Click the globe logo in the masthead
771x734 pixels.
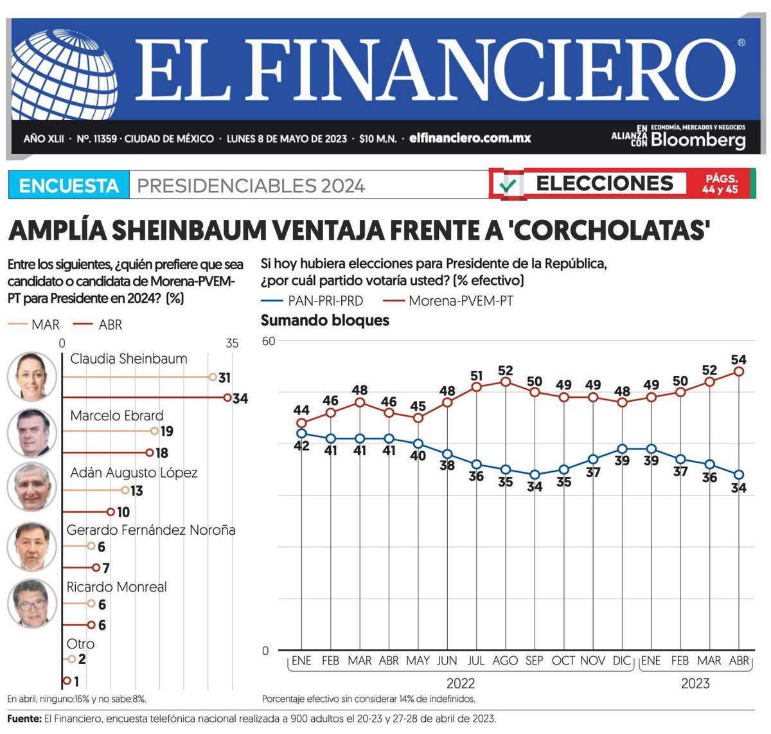tap(64, 73)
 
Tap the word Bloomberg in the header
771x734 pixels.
tap(698, 140)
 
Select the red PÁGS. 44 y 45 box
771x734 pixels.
tap(720, 184)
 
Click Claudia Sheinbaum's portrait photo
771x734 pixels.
tap(32, 376)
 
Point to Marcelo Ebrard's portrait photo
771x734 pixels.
tap(32, 432)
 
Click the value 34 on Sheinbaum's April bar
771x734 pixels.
tap(240, 398)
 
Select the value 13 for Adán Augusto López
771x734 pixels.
tap(136, 491)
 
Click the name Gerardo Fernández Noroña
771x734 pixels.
tap(151, 530)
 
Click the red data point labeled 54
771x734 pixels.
tap(739, 371)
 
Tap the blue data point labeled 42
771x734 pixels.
tap(301, 433)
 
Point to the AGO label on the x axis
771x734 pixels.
tap(505, 661)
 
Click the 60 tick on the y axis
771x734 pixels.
tap(268, 341)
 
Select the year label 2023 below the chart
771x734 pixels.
tap(695, 683)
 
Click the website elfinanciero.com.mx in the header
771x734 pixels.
tap(470, 138)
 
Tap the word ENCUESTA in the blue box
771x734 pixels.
tap(69, 186)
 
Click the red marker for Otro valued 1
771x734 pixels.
tap(66, 681)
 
